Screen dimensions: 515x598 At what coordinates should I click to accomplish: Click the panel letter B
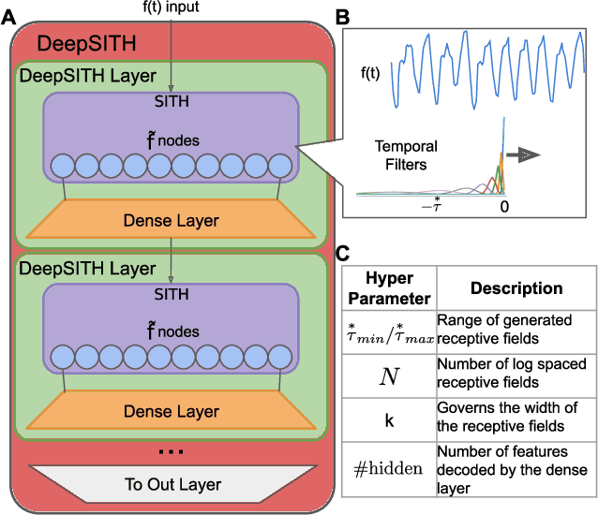(x=344, y=16)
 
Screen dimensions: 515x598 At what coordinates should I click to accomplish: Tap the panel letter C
(x=344, y=252)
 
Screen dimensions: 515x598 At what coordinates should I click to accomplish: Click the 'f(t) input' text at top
(x=172, y=7)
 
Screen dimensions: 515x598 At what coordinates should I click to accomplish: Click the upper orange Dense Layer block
(x=172, y=221)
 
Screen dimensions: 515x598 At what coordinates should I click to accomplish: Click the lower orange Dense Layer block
(x=172, y=411)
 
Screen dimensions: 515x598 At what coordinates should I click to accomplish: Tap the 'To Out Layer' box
(x=172, y=483)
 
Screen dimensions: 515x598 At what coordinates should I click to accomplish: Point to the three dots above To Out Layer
(x=171, y=451)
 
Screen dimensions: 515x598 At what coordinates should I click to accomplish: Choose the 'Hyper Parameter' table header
(x=388, y=288)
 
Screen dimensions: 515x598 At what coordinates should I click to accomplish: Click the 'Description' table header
(x=516, y=288)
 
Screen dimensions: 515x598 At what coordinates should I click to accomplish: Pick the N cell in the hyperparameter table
(x=388, y=376)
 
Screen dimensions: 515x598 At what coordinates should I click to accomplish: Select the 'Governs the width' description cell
(x=516, y=419)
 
